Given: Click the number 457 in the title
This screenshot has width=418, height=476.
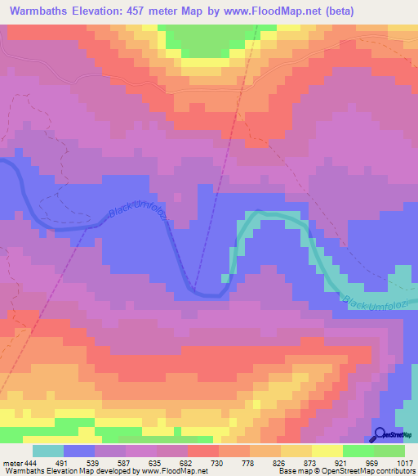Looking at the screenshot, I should (x=152, y=12).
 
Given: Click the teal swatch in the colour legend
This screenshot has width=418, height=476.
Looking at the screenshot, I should (x=47, y=451).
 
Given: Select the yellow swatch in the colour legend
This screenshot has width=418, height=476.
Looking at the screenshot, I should (x=327, y=451).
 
